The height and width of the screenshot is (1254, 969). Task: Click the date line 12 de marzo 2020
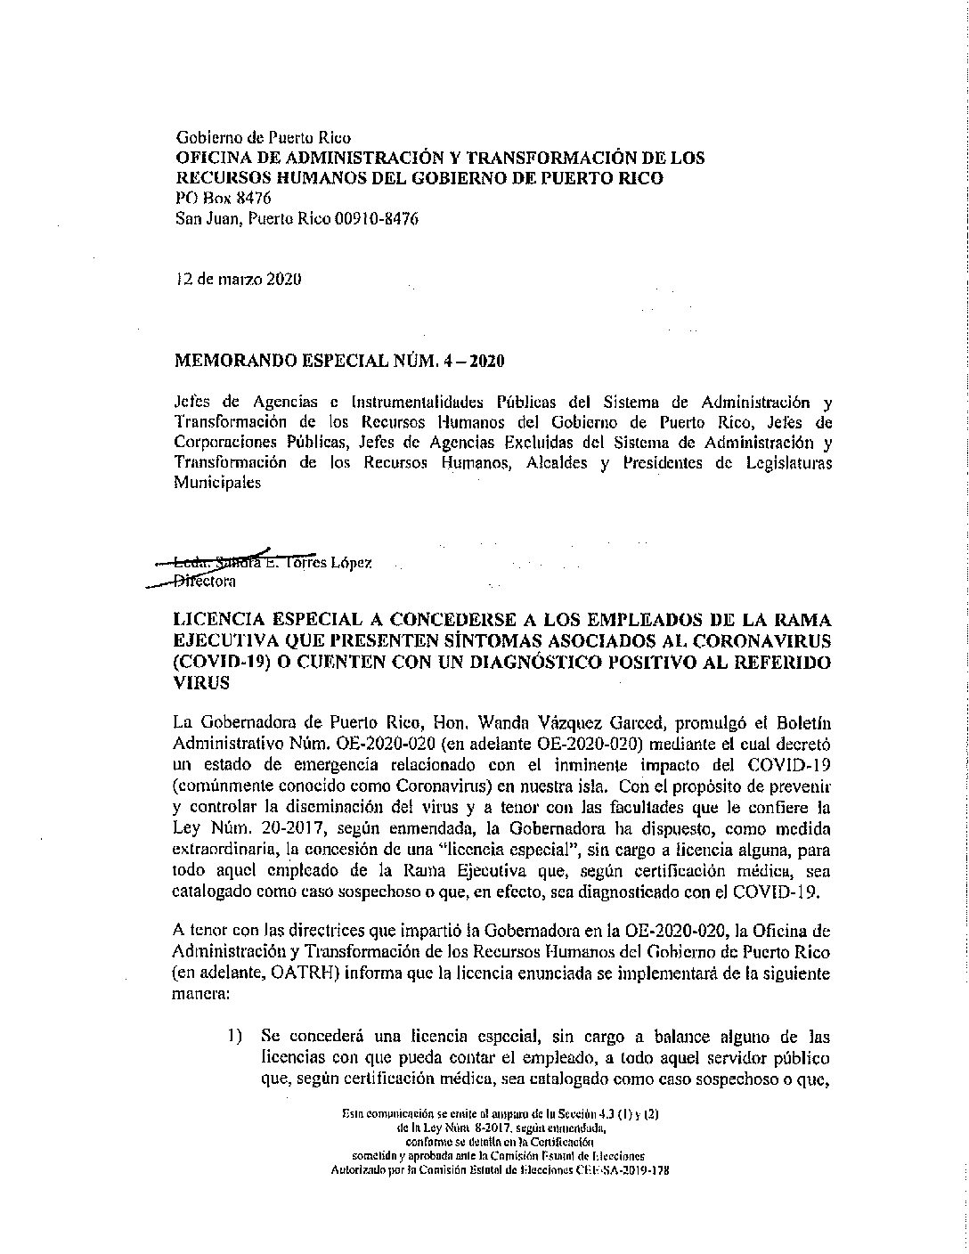pos(238,279)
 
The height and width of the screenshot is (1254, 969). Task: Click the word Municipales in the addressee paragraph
pos(218,483)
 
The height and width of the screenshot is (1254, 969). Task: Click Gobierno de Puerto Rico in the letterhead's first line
pos(265,138)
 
